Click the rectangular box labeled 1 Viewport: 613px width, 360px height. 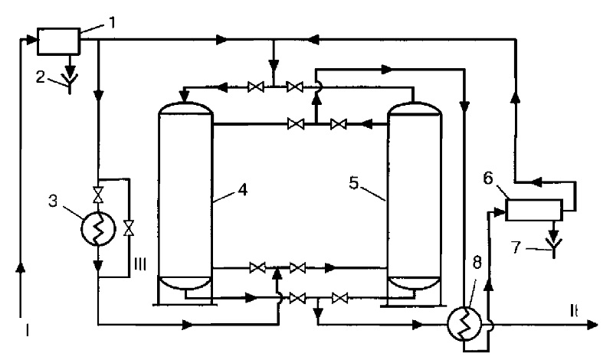point(59,41)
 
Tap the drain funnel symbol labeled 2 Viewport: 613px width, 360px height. point(70,83)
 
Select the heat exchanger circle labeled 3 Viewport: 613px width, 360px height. point(98,230)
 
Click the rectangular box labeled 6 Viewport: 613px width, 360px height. point(534,210)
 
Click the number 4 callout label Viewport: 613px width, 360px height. point(243,190)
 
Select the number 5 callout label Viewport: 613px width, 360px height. point(354,182)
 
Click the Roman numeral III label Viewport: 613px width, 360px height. point(140,264)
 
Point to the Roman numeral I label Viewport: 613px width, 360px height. point(27,331)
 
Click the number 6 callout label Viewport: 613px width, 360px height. point(488,178)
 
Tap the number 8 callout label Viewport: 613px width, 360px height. point(477,263)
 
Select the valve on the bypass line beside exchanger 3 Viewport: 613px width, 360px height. point(128,228)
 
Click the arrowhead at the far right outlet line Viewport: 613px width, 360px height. point(592,325)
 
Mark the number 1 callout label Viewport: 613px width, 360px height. point(112,23)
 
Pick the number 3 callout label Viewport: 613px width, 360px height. point(52,201)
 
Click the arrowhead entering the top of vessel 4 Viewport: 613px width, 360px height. point(184,97)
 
